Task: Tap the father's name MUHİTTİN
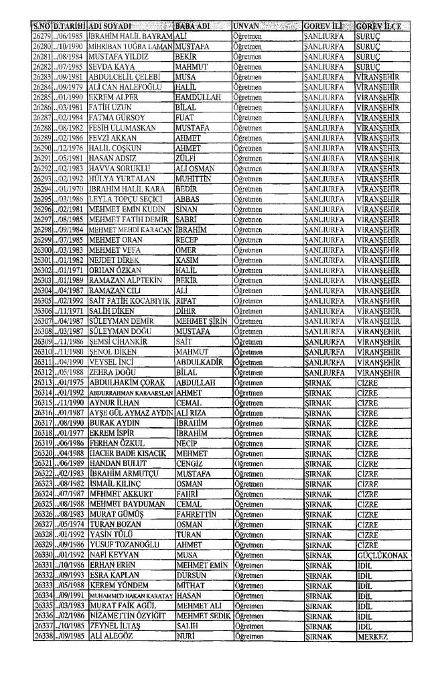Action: point(194,197)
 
